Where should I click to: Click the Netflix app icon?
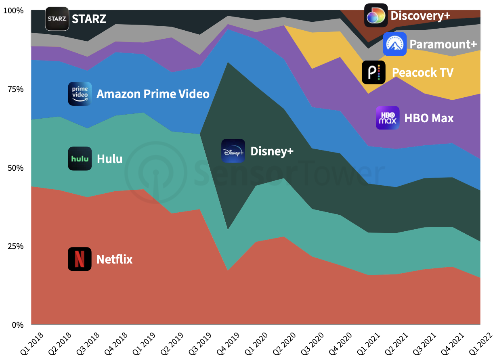[x=80, y=259]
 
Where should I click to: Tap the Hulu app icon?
[x=80, y=158]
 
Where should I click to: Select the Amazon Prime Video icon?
[x=80, y=94]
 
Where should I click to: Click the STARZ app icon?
[x=57, y=19]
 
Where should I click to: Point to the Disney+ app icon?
[x=233, y=151]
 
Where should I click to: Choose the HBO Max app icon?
[x=387, y=118]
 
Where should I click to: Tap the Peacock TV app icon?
[x=373, y=72]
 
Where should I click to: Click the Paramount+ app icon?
[x=394, y=44]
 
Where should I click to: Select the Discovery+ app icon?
[x=376, y=15]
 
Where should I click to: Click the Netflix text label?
[x=114, y=259]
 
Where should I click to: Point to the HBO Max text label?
[x=429, y=118]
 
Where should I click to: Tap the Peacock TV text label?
[x=422, y=73]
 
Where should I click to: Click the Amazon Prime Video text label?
[x=153, y=94]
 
